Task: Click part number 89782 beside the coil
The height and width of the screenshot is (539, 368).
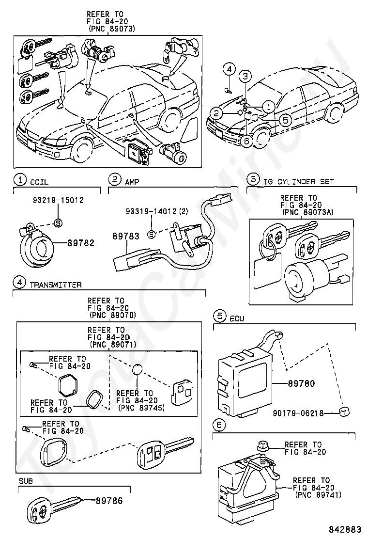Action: click(81, 243)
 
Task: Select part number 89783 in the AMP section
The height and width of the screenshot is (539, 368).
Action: click(126, 236)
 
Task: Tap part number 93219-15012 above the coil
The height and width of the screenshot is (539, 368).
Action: click(59, 200)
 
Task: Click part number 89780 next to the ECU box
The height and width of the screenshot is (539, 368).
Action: click(301, 383)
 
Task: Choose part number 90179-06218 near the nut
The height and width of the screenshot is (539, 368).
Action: click(298, 413)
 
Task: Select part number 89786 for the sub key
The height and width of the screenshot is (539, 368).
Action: click(109, 501)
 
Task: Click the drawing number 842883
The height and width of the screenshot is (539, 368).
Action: click(344, 529)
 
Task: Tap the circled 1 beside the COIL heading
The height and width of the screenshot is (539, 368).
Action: click(20, 180)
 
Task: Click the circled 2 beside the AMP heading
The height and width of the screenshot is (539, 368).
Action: click(115, 179)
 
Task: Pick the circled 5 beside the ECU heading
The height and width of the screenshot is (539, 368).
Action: click(220, 316)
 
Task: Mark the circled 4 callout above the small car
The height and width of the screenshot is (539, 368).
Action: click(230, 69)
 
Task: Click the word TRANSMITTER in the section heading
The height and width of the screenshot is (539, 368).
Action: click(56, 285)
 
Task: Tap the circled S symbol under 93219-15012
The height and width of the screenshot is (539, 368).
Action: click(59, 223)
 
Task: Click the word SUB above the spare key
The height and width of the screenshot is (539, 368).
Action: click(26, 481)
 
